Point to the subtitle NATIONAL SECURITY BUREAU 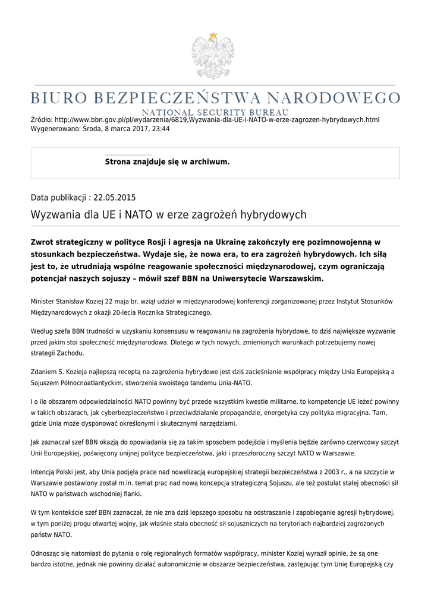point(215,112)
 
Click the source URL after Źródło point(217,120)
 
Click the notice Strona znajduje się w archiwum point(167,161)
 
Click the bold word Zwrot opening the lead point(44,242)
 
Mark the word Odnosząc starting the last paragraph point(46,553)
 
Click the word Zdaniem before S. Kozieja point(44,372)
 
